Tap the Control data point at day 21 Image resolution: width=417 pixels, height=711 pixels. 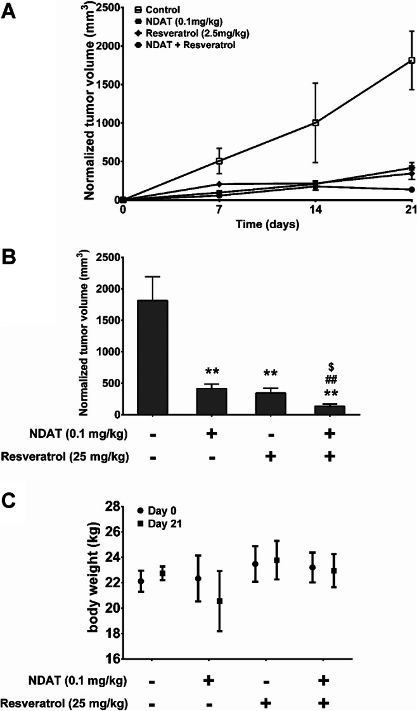pos(411,60)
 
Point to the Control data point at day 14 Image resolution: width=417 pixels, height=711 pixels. pos(315,122)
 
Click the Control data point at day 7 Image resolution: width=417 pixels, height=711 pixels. pos(219,161)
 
